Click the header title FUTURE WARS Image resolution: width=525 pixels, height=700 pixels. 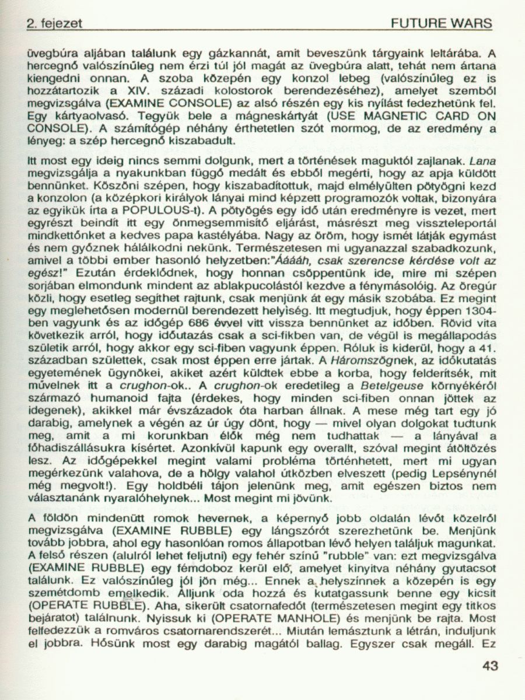[442, 24]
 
